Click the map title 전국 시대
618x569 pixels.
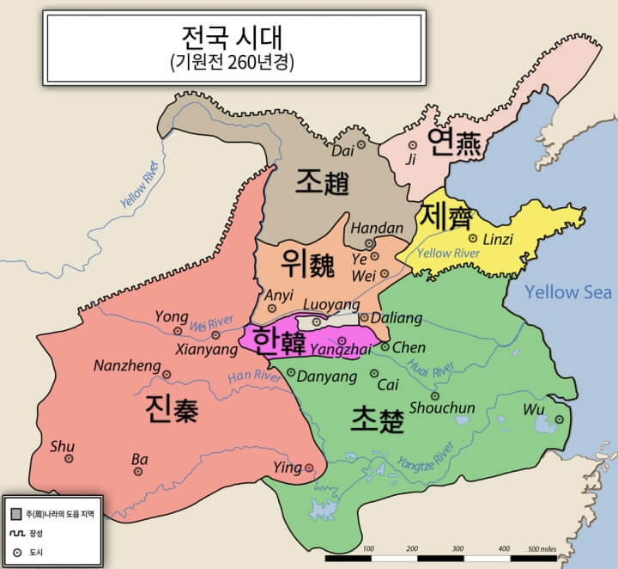pos(233,39)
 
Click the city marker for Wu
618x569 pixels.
pos(559,419)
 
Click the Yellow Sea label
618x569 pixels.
pos(568,292)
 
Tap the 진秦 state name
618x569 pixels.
pos(172,410)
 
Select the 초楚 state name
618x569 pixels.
pos(377,419)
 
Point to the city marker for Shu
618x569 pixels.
pos(69,458)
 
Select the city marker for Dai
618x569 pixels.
pos(361,144)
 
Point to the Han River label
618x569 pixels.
pos(254,376)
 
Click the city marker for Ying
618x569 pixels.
pos(309,468)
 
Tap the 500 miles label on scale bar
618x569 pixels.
pos(541,548)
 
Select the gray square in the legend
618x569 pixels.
pos(15,513)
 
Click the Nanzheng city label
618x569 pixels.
pos(127,367)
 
